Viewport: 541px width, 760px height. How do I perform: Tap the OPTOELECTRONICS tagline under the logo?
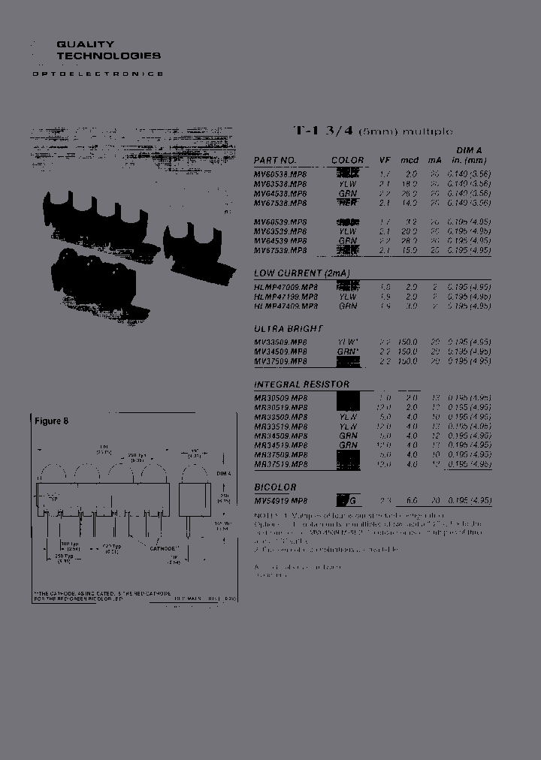tap(98, 74)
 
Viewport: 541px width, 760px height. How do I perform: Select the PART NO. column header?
tap(275, 161)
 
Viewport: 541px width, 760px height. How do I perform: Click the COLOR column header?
tap(347, 161)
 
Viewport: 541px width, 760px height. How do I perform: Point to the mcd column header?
tap(409, 161)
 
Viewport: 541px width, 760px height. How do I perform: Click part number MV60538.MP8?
tap(280, 173)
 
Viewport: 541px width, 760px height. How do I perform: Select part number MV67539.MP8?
tap(280, 251)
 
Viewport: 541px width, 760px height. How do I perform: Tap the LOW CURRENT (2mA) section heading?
tap(301, 273)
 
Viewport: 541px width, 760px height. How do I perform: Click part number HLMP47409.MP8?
tap(280, 306)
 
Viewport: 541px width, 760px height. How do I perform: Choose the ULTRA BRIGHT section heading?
tap(289, 328)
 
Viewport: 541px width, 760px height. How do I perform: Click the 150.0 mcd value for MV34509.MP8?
tap(408, 351)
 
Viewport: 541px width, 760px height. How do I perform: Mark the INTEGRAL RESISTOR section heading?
tap(301, 384)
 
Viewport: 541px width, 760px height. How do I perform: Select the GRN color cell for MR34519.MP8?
tap(348, 445)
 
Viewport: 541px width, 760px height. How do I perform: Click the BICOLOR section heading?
tap(275, 487)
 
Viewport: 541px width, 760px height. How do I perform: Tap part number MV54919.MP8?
tap(280, 501)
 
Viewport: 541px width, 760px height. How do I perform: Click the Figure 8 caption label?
tap(51, 421)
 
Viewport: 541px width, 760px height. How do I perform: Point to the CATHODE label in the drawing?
tap(162, 548)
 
